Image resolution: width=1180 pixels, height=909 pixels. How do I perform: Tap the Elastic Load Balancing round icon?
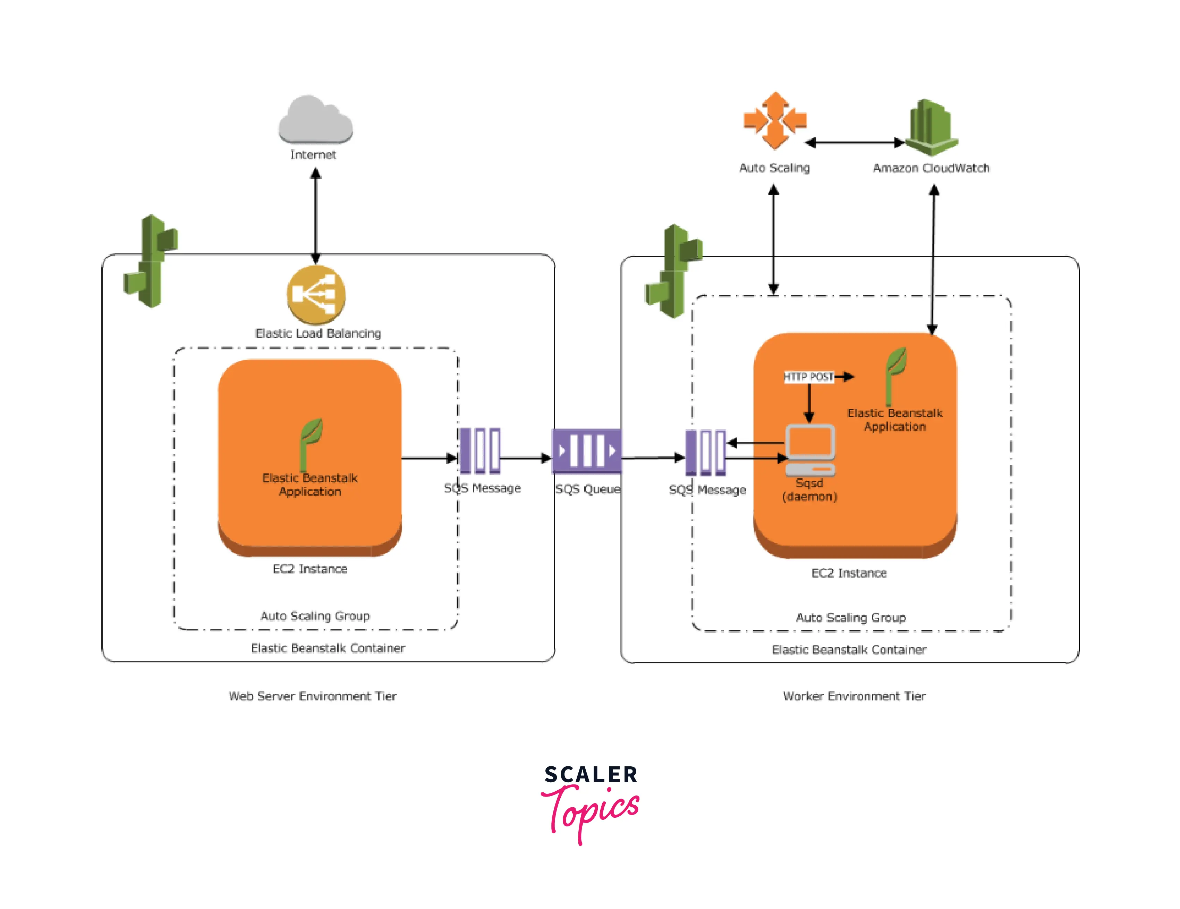[x=316, y=295]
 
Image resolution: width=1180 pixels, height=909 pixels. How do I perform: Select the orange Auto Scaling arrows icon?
[x=775, y=120]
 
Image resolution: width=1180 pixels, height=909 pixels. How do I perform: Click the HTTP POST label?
[x=808, y=377]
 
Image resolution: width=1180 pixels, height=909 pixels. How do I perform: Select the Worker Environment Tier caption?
[x=854, y=696]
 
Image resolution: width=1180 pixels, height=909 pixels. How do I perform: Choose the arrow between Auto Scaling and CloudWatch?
[x=855, y=143]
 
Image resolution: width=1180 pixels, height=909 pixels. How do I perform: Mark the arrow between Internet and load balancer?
[x=316, y=216]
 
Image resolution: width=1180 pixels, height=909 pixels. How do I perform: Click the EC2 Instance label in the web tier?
[x=310, y=569]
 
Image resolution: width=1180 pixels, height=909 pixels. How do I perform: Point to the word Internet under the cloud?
[x=313, y=154]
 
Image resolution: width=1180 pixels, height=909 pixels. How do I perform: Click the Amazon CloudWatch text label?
[x=931, y=168]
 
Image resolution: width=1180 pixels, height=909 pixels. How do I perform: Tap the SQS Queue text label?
[x=588, y=489]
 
